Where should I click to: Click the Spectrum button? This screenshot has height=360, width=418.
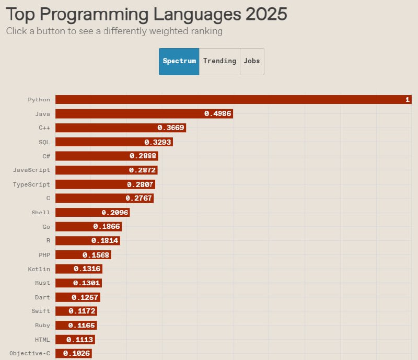tap(179, 61)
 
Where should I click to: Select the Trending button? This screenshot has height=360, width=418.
tap(219, 61)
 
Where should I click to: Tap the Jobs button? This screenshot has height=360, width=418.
tap(252, 61)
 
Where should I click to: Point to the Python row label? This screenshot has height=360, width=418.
tap(39, 99)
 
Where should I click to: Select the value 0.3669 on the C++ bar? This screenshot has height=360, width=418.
tap(171, 127)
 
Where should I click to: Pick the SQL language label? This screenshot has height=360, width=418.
tap(44, 142)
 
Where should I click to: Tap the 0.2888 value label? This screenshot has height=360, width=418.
tap(143, 156)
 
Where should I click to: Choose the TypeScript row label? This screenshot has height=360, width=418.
tap(32, 184)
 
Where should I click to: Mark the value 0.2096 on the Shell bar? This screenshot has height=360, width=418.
tap(115, 213)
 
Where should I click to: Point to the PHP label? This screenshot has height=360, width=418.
tap(44, 255)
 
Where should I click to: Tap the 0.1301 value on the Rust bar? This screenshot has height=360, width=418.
tap(87, 283)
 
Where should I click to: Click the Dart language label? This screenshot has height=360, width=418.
tap(43, 297)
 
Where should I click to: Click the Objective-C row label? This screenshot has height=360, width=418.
tap(30, 354)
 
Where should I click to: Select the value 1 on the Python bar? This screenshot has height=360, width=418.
tap(407, 100)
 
